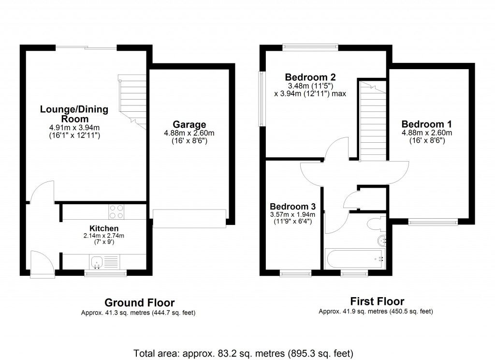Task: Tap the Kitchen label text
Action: coord(104,228)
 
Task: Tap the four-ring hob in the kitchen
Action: coord(116,211)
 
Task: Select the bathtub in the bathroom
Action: coord(355,258)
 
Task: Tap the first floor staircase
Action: coord(372,123)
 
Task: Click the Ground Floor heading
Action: coord(140,303)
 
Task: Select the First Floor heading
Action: coord(376,301)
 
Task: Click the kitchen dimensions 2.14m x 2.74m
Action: coord(104,236)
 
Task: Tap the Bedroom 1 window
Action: coord(433,222)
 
